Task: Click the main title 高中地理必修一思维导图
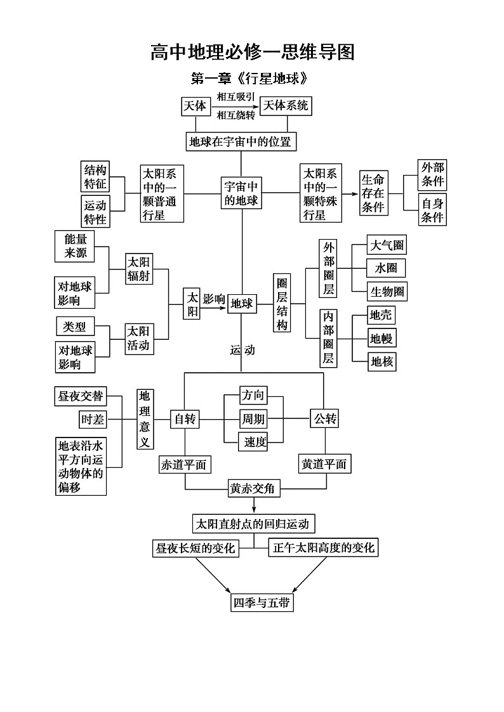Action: pyautogui.click(x=252, y=53)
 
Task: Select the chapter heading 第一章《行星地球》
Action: pyautogui.click(x=252, y=80)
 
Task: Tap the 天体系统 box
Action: pyautogui.click(x=286, y=106)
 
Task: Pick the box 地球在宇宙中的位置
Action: pyautogui.click(x=241, y=141)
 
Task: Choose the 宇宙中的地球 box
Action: pyautogui.click(x=241, y=193)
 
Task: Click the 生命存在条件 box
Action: pyautogui.click(x=373, y=193)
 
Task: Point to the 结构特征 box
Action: pyautogui.click(x=95, y=176)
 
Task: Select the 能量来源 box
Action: pyautogui.click(x=75, y=246)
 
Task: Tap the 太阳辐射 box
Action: pyautogui.click(x=139, y=269)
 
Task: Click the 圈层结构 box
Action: pyautogui.click(x=282, y=303)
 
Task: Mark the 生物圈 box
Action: pyautogui.click(x=387, y=291)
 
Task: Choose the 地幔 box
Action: pyautogui.click(x=381, y=338)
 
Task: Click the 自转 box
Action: pyautogui.click(x=185, y=419)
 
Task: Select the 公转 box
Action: pyautogui.click(x=324, y=418)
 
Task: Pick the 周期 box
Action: pyautogui.click(x=253, y=419)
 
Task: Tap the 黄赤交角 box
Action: pyautogui.click(x=254, y=489)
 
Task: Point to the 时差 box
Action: pyautogui.click(x=92, y=420)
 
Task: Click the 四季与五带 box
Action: pyautogui.click(x=262, y=602)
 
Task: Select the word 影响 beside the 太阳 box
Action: pyautogui.click(x=215, y=298)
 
